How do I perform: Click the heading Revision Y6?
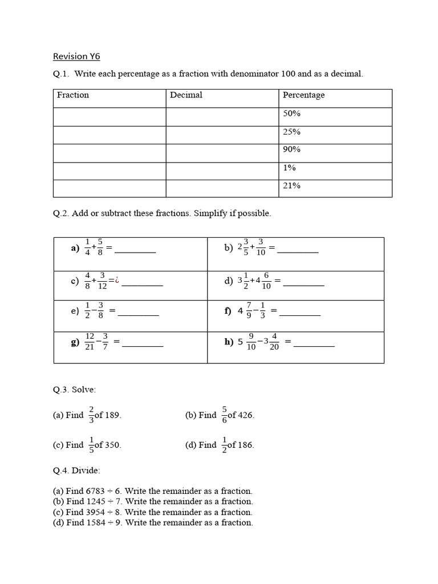(76, 56)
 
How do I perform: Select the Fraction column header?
(73, 95)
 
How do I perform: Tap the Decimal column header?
(186, 95)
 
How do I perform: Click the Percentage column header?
(303, 95)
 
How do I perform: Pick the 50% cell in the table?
(291, 113)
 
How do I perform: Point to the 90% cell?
(291, 149)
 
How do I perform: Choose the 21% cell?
(291, 185)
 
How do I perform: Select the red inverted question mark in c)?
(116, 280)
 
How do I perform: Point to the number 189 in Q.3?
(113, 415)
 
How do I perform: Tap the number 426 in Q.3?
(246, 415)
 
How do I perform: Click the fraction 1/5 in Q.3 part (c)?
(91, 444)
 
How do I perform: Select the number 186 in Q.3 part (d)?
(246, 445)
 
